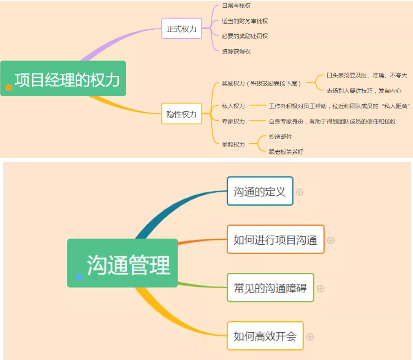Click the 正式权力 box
182,29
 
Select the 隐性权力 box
182,114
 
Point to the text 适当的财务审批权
245,21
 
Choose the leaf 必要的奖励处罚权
245,36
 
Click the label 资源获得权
236,51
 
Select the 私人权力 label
233,106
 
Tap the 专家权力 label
233,121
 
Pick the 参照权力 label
233,144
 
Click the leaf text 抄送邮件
280,137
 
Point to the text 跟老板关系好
286,152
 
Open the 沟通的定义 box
260,191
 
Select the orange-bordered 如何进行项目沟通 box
275,239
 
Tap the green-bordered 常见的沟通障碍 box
270,288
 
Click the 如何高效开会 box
265,336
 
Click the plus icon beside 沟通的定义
300,192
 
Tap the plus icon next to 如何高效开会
310,336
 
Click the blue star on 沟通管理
79,276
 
